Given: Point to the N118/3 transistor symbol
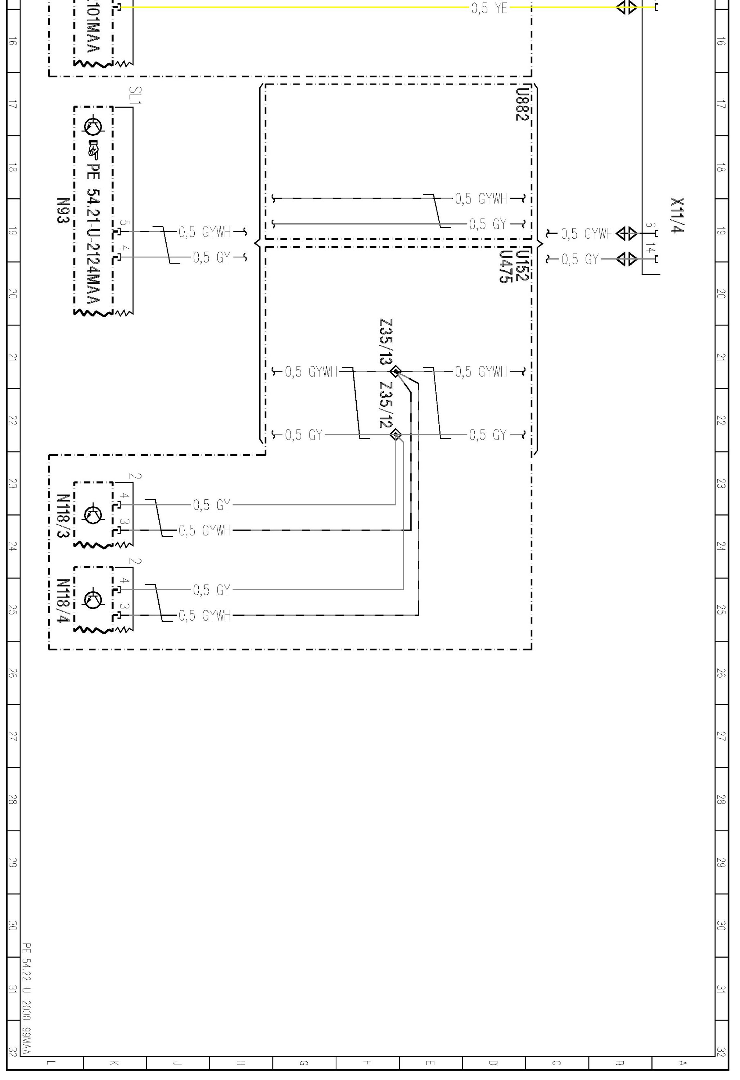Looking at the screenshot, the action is click(x=93, y=513).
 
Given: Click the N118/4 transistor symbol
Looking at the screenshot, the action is click(x=93, y=599).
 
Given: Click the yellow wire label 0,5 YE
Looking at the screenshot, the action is click(x=489, y=8).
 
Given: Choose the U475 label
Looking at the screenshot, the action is click(x=505, y=267).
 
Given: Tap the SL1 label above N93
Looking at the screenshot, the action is click(x=136, y=95).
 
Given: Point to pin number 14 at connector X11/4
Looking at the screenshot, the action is click(x=650, y=249).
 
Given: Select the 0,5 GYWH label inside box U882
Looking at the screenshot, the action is click(x=481, y=199).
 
